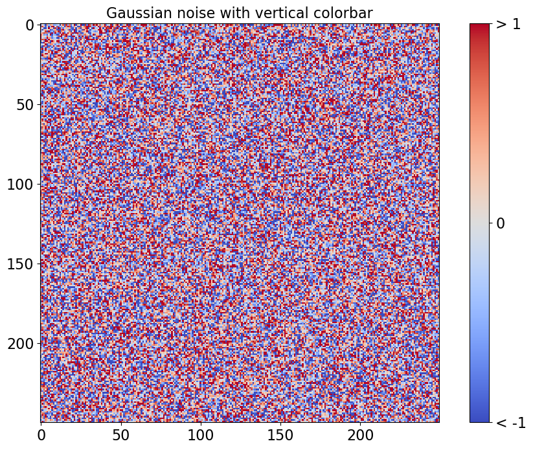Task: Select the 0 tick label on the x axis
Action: click(x=41, y=435)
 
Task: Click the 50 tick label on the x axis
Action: click(x=120, y=435)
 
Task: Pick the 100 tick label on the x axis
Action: click(x=201, y=435)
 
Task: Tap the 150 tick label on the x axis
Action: click(x=280, y=435)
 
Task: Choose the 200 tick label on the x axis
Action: click(x=360, y=435)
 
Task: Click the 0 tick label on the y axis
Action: click(x=30, y=25)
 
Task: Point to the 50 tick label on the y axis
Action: click(x=26, y=105)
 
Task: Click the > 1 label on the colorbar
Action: click(x=508, y=24)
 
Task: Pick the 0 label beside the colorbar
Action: click(x=501, y=223)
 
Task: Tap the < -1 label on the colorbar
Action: click(x=511, y=423)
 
